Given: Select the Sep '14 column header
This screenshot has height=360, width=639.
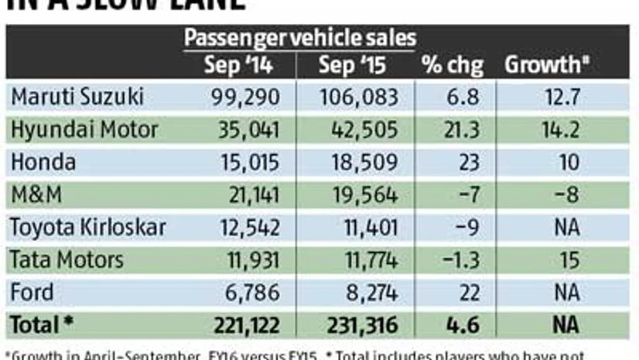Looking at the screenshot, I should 237,65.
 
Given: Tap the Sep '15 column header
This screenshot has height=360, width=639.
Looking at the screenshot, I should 353,65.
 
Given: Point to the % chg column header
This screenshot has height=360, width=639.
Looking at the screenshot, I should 452,65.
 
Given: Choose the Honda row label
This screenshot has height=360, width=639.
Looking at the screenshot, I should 43,162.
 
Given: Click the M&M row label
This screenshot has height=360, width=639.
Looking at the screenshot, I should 34,195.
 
